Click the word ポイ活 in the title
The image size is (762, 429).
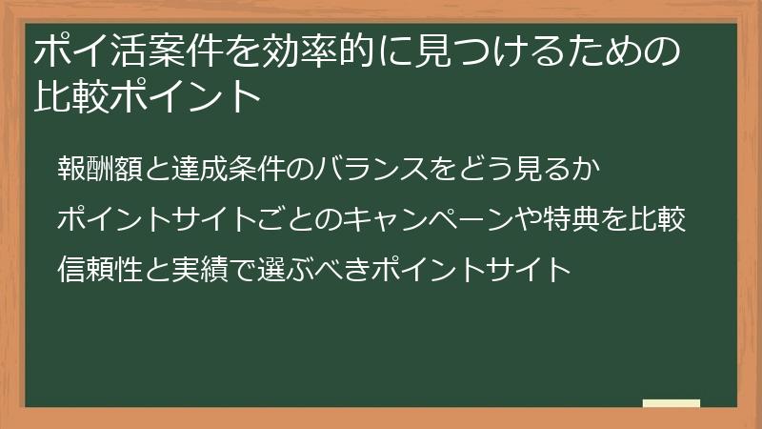pyautogui.click(x=90, y=51)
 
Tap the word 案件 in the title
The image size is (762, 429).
pyautogui.click(x=185, y=51)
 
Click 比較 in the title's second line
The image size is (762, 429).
pyautogui.click(x=72, y=96)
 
